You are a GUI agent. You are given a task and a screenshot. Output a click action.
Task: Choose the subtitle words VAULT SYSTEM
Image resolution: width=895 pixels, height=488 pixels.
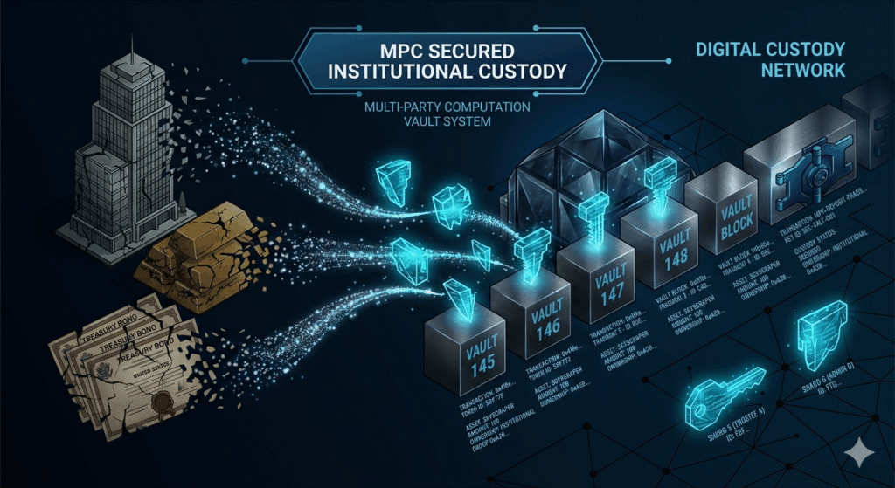pyautogui.click(x=446, y=123)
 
